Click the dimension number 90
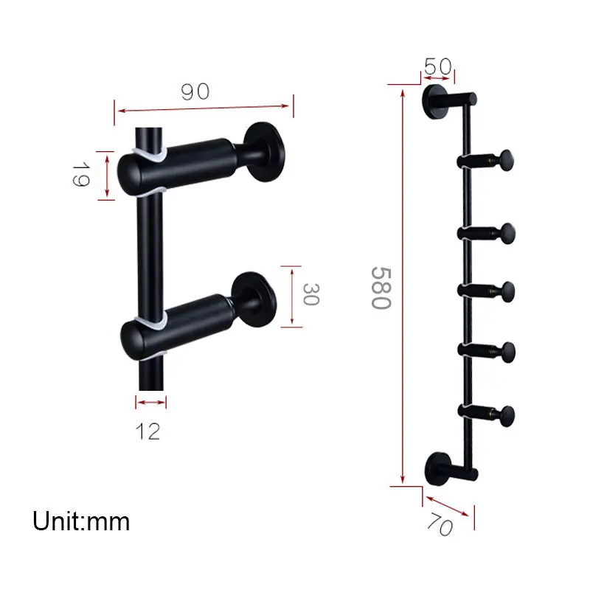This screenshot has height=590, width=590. (x=195, y=91)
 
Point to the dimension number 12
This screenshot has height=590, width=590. (x=148, y=430)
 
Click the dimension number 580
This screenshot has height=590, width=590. (x=379, y=288)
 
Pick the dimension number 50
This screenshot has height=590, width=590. (x=437, y=66)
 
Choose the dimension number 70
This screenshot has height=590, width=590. (x=440, y=524)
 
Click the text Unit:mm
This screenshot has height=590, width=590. (x=81, y=521)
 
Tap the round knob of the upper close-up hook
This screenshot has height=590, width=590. (x=266, y=151)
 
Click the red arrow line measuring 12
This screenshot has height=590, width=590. (x=151, y=402)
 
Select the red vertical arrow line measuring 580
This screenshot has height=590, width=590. (x=402, y=288)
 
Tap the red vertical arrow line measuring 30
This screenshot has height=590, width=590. (x=293, y=295)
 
